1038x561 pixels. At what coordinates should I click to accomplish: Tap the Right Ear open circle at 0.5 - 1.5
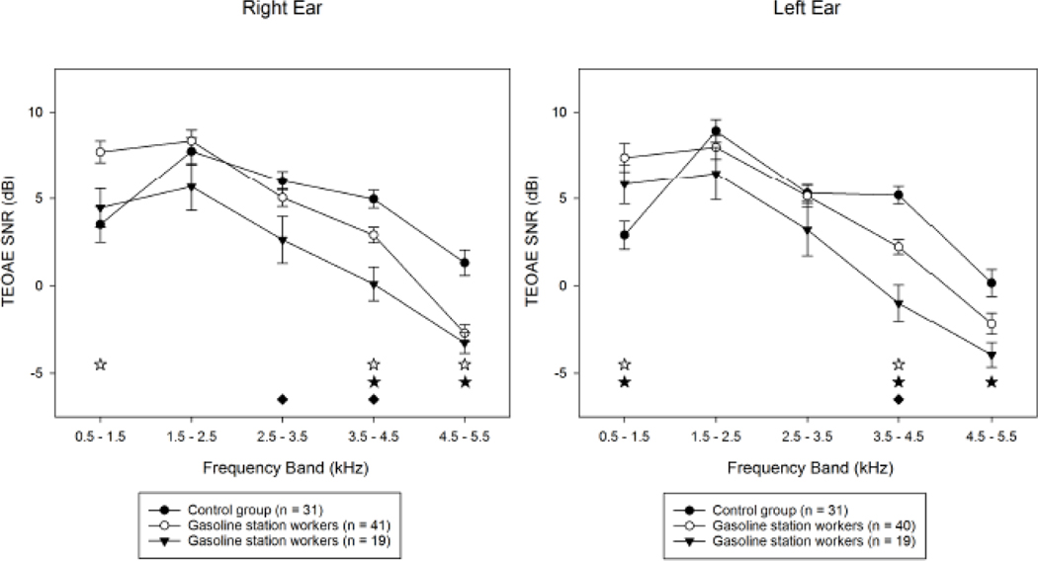pos(101,152)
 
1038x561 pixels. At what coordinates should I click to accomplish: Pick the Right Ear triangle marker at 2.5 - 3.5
pos(283,240)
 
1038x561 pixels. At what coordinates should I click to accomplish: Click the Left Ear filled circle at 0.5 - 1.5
pos(625,235)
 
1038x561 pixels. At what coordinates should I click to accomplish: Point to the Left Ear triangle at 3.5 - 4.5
pos(899,304)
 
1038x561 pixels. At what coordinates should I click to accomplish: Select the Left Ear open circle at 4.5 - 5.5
pos(990,324)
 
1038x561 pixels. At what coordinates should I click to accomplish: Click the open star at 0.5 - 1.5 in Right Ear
pos(101,364)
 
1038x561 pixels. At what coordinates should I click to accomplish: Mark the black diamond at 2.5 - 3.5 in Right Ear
pos(283,399)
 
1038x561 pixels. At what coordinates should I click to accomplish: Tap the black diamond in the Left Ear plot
pos(899,399)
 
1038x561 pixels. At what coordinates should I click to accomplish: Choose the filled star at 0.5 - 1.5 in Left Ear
pos(625,382)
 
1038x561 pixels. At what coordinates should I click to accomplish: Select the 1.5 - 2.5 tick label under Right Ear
pos(192,436)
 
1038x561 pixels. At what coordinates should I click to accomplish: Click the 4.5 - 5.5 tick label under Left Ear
pos(990,436)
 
